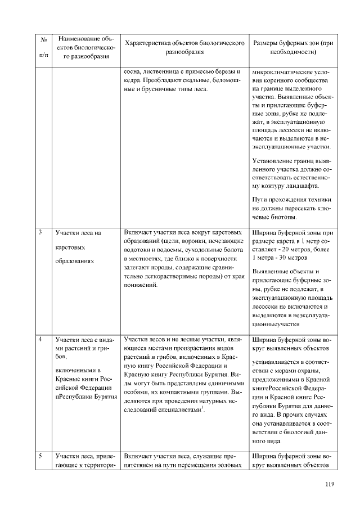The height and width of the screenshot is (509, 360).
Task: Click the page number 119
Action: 330,485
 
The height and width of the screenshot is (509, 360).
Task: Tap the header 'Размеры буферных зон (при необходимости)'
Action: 293,48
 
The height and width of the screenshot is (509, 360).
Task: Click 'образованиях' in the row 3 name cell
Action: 75,262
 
